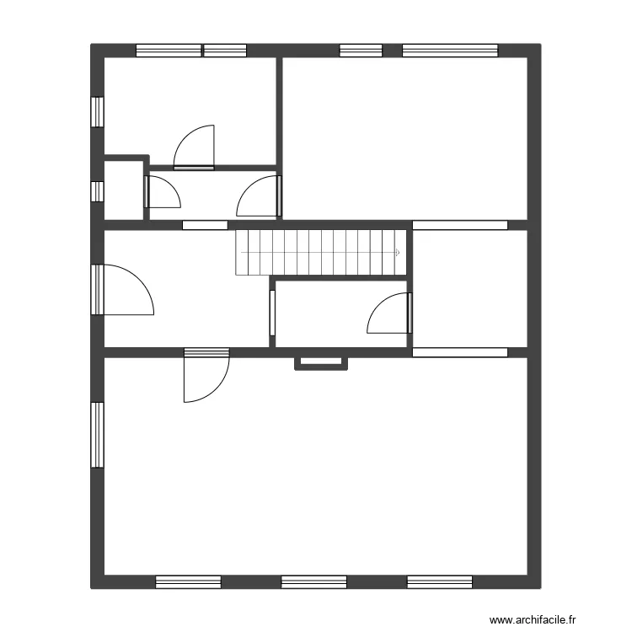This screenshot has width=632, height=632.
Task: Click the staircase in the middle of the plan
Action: coord(320,252)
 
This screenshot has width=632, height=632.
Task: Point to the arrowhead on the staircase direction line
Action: coord(397,252)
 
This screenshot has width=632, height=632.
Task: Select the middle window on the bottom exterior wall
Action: coord(313,581)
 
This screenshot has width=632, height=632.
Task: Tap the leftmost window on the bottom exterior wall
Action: coord(188,581)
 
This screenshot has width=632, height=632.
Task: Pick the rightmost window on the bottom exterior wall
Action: coord(440,581)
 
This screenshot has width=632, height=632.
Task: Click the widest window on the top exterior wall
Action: coord(450,51)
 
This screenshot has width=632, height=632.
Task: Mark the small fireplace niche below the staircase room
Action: coord(321,362)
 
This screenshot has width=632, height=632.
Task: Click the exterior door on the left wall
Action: coord(125,290)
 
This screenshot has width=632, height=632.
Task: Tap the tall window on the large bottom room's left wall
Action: coord(98,435)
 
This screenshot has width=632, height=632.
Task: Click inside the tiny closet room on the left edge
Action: coord(123,190)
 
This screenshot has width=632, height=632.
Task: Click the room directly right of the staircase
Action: coord(468,287)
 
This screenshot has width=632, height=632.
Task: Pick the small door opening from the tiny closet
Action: coord(162,192)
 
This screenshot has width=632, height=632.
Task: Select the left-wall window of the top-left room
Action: coord(98,111)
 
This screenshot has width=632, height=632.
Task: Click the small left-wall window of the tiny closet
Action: coord(97,191)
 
